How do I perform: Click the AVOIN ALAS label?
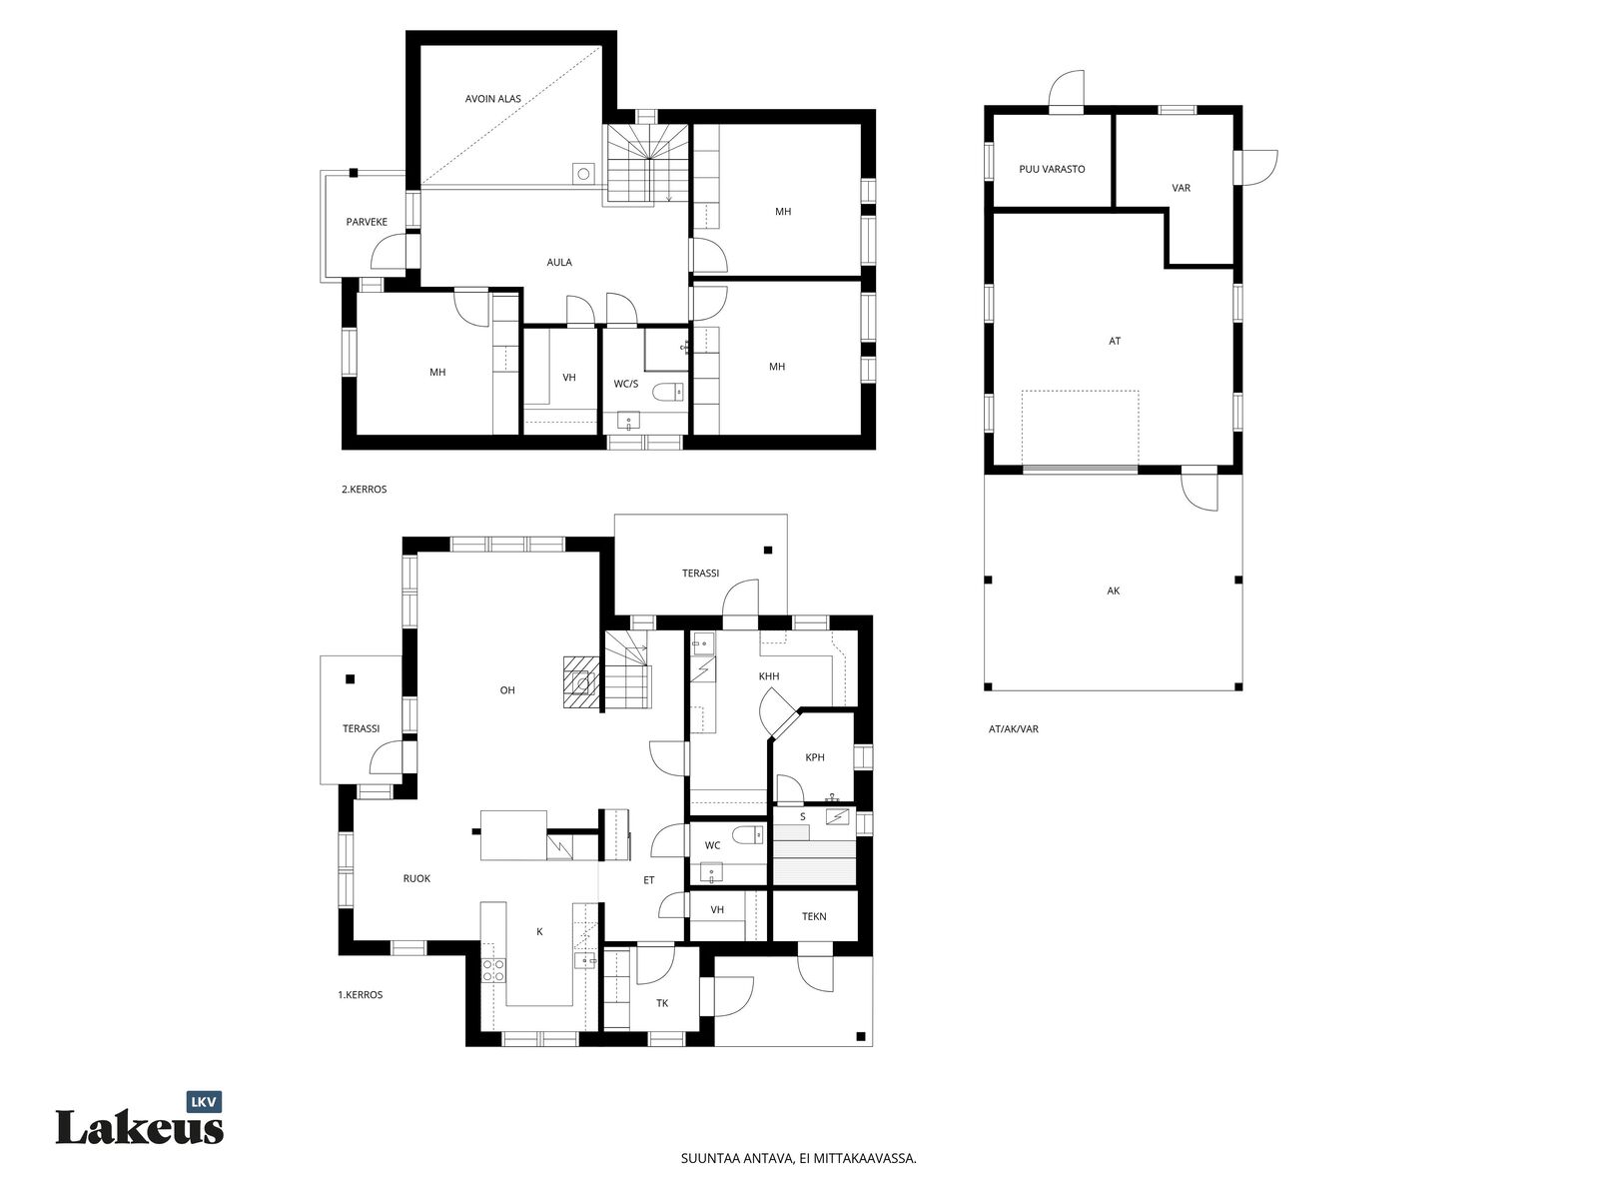coord(492,98)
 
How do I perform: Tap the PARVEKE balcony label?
coord(367,222)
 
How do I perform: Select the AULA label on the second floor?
coord(559,262)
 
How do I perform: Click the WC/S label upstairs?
coord(625,384)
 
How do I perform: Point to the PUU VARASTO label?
coord(1052,169)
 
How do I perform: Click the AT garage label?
coord(1115,341)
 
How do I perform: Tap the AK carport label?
coord(1114,592)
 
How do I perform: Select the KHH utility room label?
coord(769,676)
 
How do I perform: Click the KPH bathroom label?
coord(815,757)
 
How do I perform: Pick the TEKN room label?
coord(814,916)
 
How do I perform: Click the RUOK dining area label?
coord(416,878)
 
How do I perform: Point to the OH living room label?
coord(507,690)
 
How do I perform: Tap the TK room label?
coord(662,1003)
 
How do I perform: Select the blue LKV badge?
coord(205,1102)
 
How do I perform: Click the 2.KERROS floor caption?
coord(364,490)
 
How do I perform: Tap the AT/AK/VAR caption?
coord(1014,728)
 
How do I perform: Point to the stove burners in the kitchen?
coord(493,969)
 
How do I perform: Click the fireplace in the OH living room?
coord(581,682)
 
